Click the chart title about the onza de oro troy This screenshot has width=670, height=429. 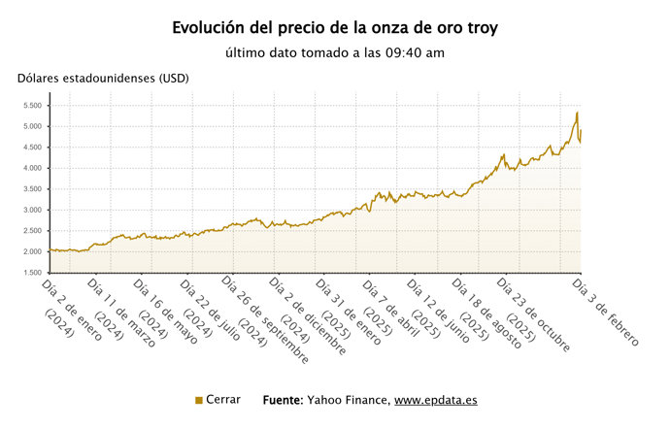335,27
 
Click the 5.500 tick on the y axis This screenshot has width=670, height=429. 31,106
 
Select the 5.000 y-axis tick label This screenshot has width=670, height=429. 31,126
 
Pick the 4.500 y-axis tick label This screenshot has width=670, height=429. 31,148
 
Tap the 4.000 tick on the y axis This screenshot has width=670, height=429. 31,168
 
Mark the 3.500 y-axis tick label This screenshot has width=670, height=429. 31,189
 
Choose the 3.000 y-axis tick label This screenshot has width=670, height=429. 31,210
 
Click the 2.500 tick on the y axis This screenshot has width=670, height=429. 31,231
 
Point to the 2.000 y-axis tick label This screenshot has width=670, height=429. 31,251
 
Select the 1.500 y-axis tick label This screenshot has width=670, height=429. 31,273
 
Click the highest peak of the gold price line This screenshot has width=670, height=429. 577,113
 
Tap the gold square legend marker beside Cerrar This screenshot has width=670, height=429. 199,400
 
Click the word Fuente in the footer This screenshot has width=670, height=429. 283,400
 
